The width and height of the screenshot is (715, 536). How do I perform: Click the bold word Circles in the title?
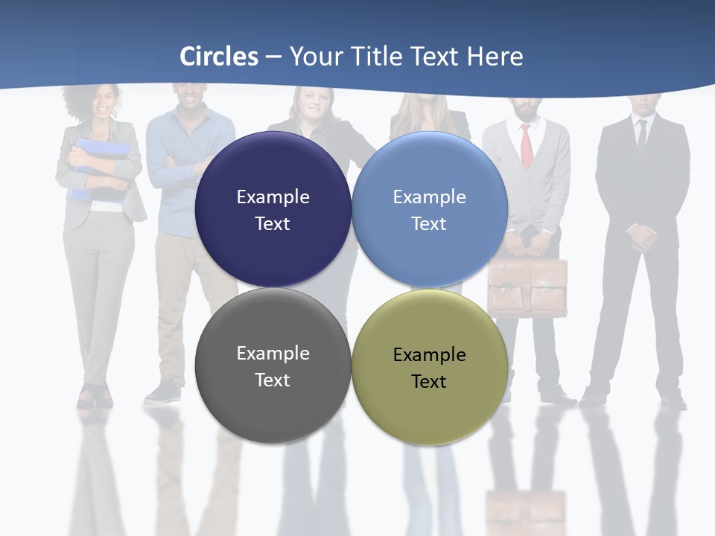tap(219, 57)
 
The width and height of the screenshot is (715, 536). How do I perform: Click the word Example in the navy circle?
tap(273, 197)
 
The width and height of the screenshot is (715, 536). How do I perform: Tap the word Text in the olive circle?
tap(428, 382)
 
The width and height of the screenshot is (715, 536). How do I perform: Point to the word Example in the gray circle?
tap(273, 354)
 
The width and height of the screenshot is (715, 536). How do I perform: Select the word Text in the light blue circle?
tap(428, 224)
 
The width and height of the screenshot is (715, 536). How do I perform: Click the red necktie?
tap(527, 146)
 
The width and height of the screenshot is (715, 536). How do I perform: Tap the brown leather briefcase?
tap(527, 287)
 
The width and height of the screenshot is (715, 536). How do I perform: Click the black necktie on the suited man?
tap(642, 134)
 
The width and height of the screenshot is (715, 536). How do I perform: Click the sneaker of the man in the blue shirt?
tap(163, 392)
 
